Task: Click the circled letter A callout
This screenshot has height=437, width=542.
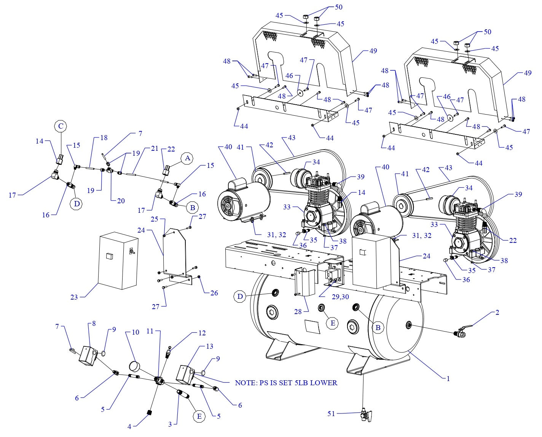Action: click(187, 158)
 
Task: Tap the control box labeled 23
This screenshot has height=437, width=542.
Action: click(118, 263)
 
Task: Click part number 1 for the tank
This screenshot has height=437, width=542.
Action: click(448, 378)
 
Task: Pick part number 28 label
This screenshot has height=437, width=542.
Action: click(298, 312)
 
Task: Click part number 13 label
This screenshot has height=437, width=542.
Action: click(209, 346)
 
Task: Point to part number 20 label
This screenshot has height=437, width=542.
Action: click(121, 201)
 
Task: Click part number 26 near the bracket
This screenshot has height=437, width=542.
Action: click(214, 293)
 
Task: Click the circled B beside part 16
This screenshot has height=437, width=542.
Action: click(193, 207)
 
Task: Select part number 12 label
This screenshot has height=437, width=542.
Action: click(202, 333)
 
